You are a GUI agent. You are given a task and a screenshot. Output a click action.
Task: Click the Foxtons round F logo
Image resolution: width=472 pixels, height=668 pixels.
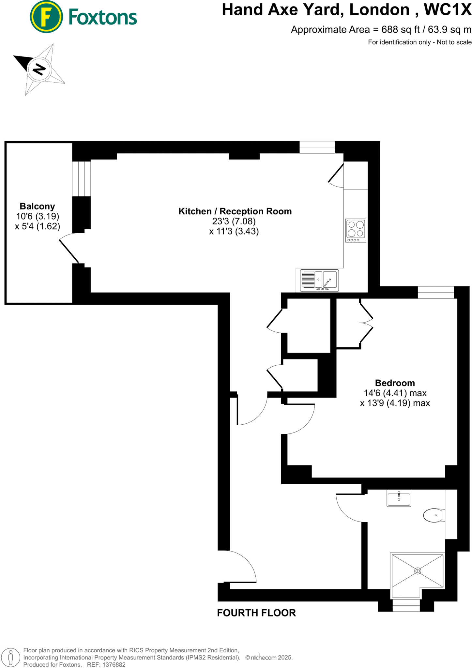pos(46,17)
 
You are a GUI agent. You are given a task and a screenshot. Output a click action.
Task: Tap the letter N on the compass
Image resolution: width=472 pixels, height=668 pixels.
pos(39,69)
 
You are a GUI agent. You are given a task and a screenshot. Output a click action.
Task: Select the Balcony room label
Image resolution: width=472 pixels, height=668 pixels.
pos(37,206)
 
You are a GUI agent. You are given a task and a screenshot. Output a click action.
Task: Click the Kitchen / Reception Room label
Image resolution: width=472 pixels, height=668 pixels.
pos(235,211)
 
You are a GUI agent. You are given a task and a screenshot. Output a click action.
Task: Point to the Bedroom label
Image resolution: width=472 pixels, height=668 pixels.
pos(395,383)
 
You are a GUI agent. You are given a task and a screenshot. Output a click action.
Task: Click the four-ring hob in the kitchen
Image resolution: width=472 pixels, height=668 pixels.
pos(356,230)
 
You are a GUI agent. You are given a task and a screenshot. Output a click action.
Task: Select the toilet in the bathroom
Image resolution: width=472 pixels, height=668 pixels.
pos(433,515)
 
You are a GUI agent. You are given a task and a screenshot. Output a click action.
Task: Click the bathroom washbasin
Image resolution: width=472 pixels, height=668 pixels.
pos(399,498)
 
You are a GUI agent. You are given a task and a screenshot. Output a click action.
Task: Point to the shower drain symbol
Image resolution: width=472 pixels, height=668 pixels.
pos(418,571)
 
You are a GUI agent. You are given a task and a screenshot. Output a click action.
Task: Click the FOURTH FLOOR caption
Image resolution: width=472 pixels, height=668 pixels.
pos(256,613)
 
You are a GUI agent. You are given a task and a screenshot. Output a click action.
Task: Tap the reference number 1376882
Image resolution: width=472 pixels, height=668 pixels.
pos(114,664)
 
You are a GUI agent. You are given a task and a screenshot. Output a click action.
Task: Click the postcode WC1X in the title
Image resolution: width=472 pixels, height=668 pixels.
pos(447,10)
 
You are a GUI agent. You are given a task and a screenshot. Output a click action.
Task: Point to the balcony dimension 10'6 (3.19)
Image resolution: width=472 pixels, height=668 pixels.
pos(38,216)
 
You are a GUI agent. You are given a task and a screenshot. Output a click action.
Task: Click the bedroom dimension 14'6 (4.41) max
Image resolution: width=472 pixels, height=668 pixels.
pos(395,393)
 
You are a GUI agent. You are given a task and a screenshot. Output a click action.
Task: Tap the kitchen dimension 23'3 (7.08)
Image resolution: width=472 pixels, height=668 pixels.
pos(234,221)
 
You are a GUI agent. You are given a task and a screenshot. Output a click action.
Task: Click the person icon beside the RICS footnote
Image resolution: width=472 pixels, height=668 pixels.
pos(11,657)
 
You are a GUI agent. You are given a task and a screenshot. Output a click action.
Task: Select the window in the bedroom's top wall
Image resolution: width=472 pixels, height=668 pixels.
pos(435,292)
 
